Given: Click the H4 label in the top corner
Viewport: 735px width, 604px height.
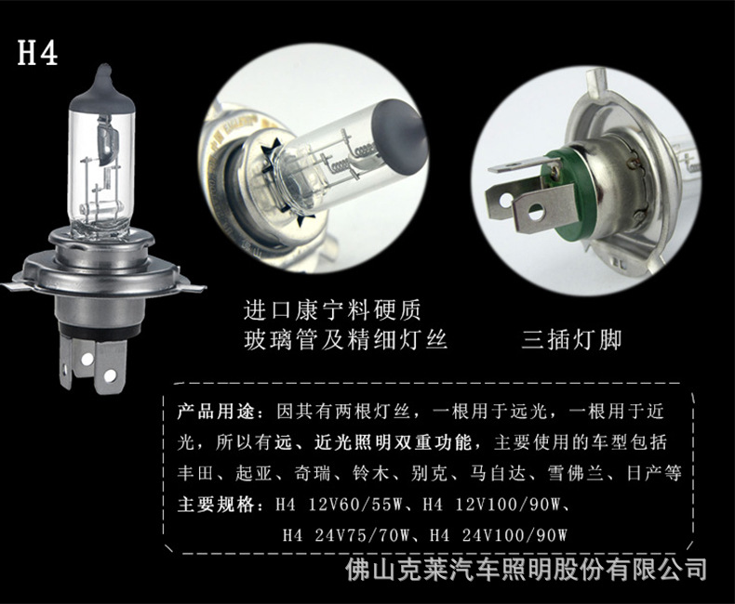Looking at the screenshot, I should click(38, 53).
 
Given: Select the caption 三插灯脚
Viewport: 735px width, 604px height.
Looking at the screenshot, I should click(571, 340).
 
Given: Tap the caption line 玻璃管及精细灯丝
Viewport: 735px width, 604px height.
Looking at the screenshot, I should click(345, 340).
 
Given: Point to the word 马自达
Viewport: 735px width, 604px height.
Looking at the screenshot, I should click(505, 474).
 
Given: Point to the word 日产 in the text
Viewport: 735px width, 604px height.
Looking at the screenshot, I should click(633, 474).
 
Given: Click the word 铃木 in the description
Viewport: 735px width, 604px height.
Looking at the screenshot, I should click(380, 474).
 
